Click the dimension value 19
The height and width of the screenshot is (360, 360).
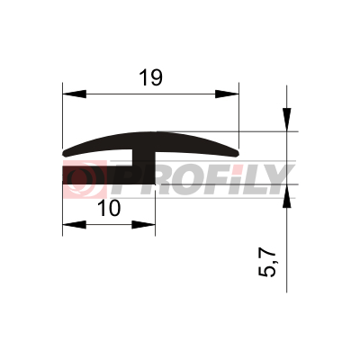coord(151,77)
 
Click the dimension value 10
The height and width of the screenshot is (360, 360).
coord(109,208)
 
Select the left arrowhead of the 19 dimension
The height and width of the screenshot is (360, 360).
coord(75,94)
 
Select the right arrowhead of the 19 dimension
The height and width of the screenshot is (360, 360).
coord(227,94)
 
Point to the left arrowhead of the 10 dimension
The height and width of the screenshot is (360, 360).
coord(75,224)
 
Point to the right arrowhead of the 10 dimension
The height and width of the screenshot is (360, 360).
coord(143,224)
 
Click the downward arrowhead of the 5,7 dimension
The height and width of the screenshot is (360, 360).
coord(286,120)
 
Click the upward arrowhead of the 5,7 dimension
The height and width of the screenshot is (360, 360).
coord(286,195)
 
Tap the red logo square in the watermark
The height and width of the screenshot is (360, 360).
coord(85,179)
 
